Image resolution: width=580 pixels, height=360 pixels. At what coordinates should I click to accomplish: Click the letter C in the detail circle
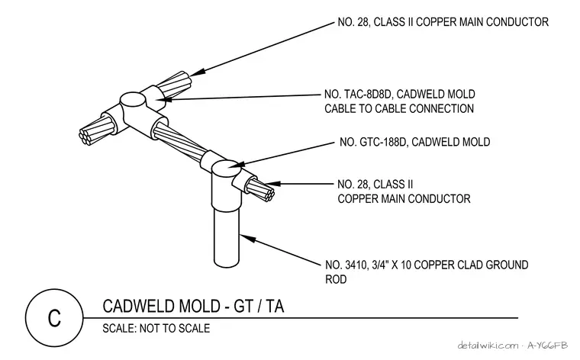(x=54, y=318)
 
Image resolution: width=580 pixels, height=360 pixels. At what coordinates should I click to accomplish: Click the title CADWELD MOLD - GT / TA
(x=193, y=307)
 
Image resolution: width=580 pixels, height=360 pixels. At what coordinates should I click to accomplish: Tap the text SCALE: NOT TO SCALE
(x=156, y=328)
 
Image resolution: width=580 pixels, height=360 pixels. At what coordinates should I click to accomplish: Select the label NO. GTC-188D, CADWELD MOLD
(x=414, y=142)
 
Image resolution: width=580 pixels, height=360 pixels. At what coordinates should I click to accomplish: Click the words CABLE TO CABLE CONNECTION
(x=399, y=108)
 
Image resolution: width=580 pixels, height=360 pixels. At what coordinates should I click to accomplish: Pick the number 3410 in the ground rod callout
(x=354, y=265)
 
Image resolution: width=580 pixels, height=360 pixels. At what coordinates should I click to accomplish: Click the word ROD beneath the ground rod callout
(x=336, y=279)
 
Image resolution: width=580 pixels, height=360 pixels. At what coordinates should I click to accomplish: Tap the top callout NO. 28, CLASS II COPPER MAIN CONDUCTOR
(x=443, y=22)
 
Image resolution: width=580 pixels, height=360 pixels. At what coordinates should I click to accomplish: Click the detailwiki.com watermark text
(x=488, y=346)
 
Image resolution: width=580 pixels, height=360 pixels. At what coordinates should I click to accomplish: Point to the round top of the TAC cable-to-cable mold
(x=132, y=99)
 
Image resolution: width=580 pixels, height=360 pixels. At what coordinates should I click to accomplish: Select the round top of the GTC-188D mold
(x=226, y=168)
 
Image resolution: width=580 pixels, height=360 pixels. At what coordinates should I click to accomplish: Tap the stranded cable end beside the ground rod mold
(x=260, y=189)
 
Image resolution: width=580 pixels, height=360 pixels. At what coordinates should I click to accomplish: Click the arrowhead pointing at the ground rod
(x=248, y=239)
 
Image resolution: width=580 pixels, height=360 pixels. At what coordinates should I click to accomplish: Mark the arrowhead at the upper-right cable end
(x=197, y=72)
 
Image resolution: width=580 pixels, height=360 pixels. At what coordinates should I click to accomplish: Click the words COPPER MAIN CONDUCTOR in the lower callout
(x=404, y=199)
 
